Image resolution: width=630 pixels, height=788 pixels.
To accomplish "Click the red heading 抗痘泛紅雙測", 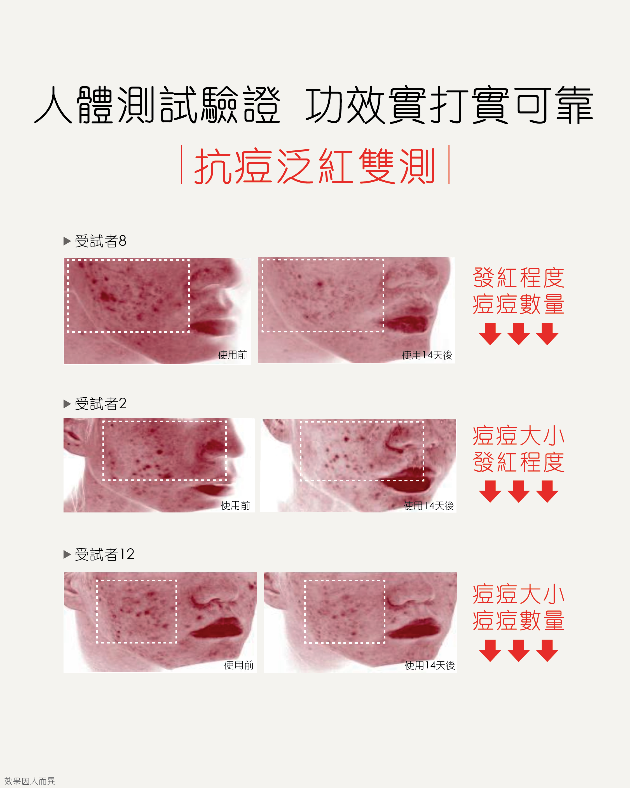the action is tap(315, 166).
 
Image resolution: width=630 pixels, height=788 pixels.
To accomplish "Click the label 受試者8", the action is tap(101, 241).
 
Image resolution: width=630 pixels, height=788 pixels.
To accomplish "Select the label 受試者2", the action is tap(101, 404).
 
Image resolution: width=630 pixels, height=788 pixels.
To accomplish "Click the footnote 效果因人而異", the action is tap(30, 781).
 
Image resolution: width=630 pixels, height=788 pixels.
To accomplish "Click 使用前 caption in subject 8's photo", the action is tap(233, 355).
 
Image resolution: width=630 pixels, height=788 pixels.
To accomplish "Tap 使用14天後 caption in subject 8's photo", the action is tap(427, 355).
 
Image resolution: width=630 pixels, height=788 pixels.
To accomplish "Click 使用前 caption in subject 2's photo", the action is tap(236, 505).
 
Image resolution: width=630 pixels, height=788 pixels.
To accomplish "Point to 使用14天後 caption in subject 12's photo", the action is tap(430, 665).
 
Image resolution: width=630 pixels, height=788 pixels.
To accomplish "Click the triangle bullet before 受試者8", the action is tap(67, 241).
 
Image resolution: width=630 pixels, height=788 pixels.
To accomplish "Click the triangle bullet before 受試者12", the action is tap(67, 554).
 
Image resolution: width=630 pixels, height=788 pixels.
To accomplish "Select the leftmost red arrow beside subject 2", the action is tap(490, 491).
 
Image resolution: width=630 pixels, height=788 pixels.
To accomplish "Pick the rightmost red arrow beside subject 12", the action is tap(547, 651).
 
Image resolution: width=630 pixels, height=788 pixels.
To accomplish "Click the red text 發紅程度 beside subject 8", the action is tap(519, 278).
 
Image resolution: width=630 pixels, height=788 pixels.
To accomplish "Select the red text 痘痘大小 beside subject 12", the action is tap(519, 594).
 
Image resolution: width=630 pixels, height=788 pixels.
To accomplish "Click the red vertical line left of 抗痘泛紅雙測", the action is tap(182, 164).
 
